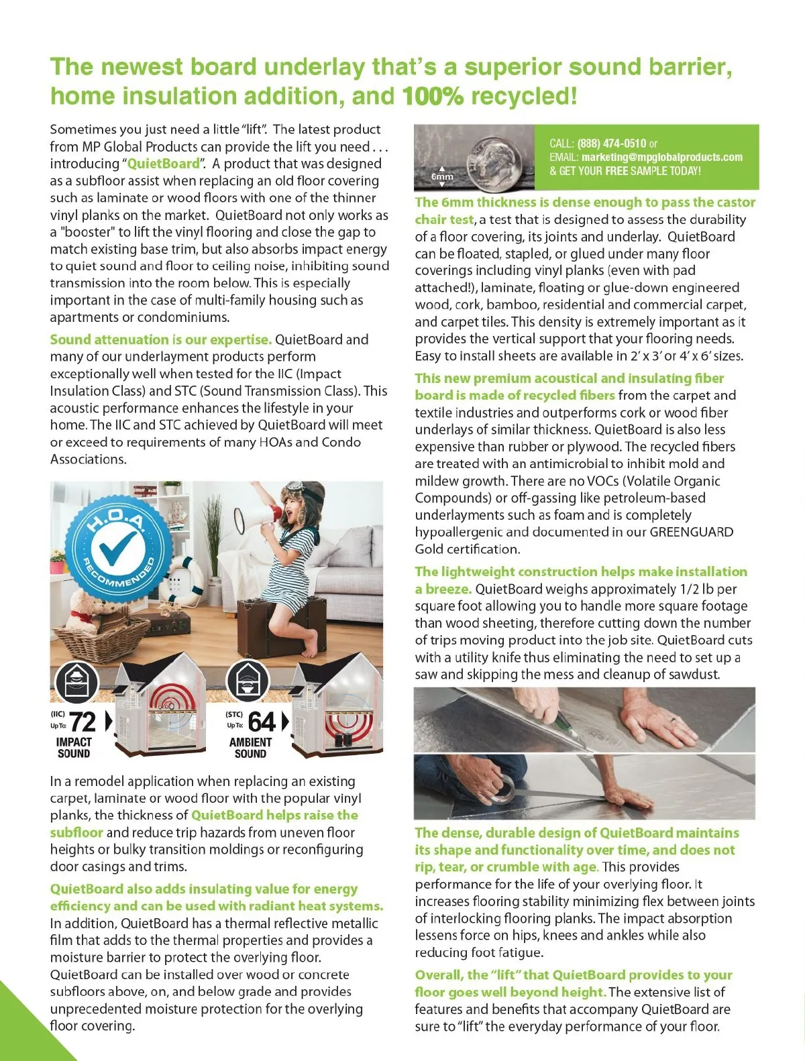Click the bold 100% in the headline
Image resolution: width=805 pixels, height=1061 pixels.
pos(433,97)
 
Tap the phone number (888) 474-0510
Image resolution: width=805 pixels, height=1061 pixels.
pos(611,144)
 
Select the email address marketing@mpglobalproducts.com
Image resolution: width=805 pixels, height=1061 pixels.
pos(661,158)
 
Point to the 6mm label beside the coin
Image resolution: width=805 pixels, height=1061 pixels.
pos(442,176)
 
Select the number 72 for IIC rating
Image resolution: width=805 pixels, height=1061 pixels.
pos(83,722)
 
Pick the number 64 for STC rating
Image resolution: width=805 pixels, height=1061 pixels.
pos(262,722)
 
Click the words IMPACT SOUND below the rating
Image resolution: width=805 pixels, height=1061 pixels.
pos(74,748)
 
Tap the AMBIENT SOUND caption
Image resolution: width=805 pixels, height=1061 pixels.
pos(250,748)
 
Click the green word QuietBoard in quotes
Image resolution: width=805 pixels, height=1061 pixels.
pos(163,164)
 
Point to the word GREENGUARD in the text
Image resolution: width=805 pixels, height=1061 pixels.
pos(691,533)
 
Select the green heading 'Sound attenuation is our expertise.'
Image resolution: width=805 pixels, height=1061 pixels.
pos(160,340)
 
